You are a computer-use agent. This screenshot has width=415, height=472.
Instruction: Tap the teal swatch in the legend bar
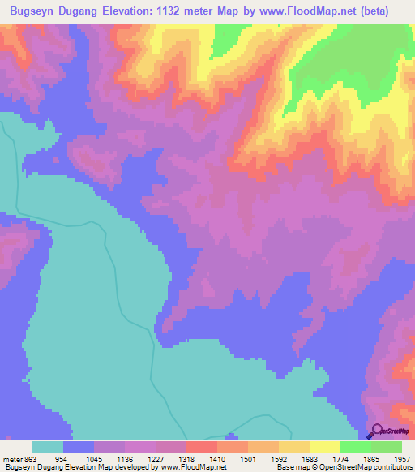click(x=48, y=447)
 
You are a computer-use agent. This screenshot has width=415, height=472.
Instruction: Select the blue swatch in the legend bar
click(x=79, y=447)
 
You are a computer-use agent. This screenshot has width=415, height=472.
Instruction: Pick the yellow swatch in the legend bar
click(x=325, y=447)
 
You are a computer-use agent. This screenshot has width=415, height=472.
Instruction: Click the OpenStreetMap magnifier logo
click(x=379, y=431)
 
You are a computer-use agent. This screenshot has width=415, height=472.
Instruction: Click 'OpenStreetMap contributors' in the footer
click(x=376, y=466)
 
